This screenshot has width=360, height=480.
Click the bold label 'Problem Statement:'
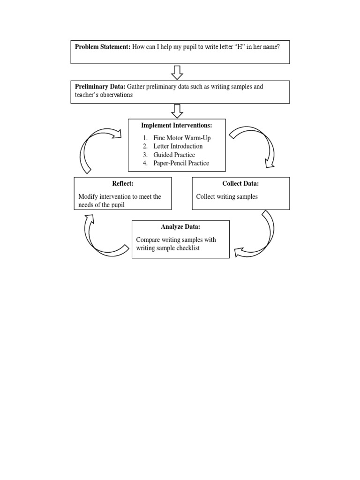[103, 47]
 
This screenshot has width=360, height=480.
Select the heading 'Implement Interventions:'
[177, 126]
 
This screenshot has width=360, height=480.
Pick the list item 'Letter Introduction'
[178, 146]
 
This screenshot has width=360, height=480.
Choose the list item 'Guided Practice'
[174, 155]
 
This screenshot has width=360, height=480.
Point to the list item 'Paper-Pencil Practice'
[181, 163]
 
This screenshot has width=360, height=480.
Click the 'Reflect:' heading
[123, 184]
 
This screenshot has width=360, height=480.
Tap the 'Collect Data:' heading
[240, 184]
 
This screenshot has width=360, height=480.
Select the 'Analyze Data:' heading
[180, 227]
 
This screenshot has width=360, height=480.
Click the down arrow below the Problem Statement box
[177, 72]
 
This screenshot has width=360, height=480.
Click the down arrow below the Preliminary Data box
[177, 112]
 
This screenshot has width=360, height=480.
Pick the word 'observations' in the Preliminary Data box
[117, 95]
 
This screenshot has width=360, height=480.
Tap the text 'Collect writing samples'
[227, 197]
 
